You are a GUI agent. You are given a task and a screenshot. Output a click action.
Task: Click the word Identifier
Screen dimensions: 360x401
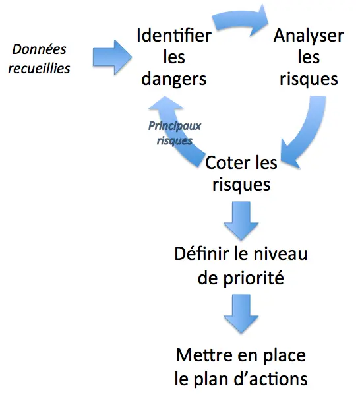point(174,35)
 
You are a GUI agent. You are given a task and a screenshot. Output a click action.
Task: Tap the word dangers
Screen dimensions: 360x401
point(174,79)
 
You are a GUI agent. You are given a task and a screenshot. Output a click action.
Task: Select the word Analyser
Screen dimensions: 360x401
point(309,36)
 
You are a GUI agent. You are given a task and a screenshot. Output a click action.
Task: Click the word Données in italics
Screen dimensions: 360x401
point(39,49)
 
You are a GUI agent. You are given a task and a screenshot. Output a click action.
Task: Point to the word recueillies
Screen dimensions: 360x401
point(39,69)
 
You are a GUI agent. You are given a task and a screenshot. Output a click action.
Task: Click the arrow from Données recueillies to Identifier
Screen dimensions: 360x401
point(112,57)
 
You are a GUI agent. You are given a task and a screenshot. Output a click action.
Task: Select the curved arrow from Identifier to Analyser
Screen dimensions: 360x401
point(241,20)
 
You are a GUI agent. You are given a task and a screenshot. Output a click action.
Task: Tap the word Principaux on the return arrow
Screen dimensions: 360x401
point(175,126)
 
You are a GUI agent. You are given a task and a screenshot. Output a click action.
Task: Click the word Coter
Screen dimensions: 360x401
point(224,163)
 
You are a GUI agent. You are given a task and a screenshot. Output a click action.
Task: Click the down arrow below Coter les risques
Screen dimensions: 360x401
point(241,220)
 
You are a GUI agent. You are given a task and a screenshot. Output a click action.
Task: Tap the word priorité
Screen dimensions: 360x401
point(253,278)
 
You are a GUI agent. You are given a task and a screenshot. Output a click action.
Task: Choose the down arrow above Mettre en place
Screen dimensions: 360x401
point(241,313)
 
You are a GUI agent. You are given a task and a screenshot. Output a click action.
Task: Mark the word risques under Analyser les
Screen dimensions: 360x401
point(309,79)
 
